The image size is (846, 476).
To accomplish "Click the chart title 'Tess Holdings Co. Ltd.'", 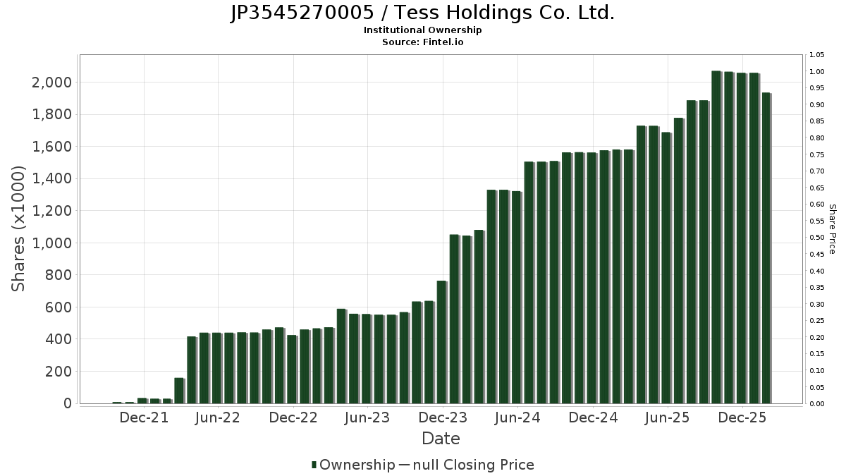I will [422, 13].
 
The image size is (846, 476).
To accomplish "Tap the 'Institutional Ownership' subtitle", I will [422, 30].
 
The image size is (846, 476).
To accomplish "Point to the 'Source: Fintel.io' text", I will [422, 42].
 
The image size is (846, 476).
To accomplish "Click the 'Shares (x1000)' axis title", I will [18, 228].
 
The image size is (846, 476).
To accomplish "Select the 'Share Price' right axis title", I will [832, 229].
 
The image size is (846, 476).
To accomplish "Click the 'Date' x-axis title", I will [441, 439].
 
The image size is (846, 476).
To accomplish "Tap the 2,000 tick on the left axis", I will [52, 83].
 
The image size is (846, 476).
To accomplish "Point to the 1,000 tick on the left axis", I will [52, 243].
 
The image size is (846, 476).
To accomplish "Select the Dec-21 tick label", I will [144, 418].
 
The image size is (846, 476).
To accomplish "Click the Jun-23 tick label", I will [368, 418].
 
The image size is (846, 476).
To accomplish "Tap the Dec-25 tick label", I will [742, 418].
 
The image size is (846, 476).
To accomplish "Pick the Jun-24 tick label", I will [517, 418].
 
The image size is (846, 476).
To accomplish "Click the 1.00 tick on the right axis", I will [816, 72].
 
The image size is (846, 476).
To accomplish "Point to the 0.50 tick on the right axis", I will [816, 238].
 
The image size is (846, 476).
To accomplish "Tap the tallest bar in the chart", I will [716, 237].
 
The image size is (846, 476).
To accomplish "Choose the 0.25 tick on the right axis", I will [816, 321].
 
